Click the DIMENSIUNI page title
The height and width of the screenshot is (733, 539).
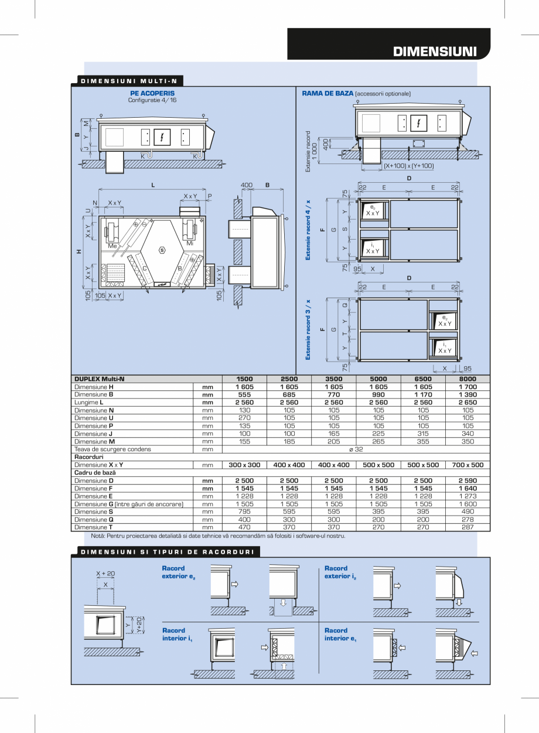434,51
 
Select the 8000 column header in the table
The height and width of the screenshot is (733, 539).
468,379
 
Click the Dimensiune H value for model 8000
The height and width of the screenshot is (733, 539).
468,387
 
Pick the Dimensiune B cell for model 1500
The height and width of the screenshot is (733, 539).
244,395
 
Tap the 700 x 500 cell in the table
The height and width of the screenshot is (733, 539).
468,465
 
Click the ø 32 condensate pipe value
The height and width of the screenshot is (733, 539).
356,449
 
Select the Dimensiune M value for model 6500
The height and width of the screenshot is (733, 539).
423,442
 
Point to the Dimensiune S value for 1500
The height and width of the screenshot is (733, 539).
244,512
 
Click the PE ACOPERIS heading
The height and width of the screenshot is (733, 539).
152,93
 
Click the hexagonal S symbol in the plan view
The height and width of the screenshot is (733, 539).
162,250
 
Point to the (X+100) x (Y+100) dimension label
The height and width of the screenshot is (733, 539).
409,166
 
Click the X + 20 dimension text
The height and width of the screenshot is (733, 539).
105,574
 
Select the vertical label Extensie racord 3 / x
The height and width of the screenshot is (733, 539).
308,329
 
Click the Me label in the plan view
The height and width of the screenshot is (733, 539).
112,247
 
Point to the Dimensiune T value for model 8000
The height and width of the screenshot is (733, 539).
468,527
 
